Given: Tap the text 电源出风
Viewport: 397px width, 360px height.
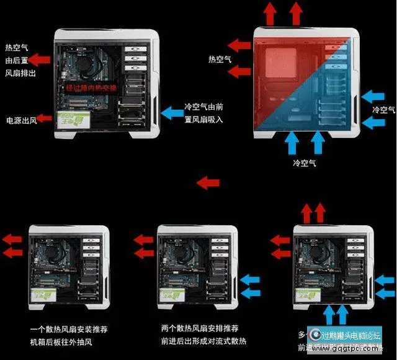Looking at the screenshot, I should pos(21,119).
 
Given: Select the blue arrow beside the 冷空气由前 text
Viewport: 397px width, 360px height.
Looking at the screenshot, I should pos(170,112).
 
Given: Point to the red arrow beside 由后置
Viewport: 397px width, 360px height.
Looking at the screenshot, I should pos(41,60).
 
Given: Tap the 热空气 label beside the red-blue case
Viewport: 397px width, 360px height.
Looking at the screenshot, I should pos(219,60).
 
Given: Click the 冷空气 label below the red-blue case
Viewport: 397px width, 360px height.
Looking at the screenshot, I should pos(305,163).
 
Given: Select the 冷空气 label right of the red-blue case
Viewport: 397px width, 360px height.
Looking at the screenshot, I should pos(383,110).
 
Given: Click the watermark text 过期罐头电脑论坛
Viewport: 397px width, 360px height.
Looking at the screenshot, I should pos(350,336).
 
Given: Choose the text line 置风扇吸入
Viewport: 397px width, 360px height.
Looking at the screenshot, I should pos(203,119).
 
